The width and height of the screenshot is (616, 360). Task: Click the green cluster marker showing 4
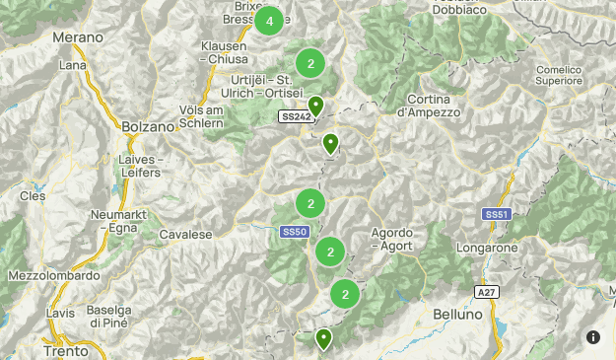269,21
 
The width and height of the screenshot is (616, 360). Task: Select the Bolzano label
148,127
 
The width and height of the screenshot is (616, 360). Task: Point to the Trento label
66,350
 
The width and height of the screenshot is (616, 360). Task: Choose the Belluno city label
457,314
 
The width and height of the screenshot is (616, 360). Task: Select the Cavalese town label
185,235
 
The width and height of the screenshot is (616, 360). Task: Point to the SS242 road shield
295,116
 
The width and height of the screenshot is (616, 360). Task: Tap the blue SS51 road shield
496,214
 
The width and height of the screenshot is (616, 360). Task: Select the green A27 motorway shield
486,292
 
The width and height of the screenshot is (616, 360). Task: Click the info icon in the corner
593,337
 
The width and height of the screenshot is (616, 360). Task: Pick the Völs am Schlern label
208,117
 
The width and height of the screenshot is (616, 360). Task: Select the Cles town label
34,196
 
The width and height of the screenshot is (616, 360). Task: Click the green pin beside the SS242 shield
315,106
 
